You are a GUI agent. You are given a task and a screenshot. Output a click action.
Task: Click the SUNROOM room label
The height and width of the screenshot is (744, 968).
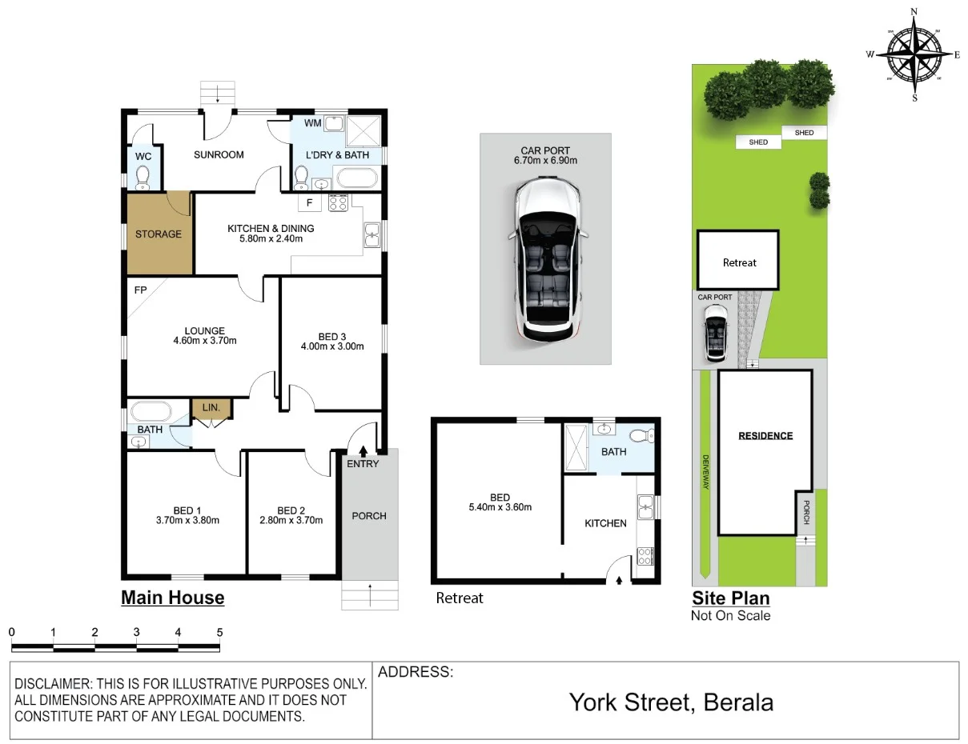(219, 155)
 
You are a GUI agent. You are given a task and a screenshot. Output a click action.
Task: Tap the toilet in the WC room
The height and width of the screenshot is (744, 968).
(143, 178)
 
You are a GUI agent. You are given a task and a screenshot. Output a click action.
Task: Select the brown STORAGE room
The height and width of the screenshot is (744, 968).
(159, 233)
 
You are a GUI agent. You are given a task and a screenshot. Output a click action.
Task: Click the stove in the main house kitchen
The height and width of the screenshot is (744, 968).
(338, 203)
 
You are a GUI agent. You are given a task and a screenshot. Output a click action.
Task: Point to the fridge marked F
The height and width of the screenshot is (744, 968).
(309, 203)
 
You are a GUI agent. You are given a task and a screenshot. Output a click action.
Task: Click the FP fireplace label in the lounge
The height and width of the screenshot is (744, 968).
(140, 290)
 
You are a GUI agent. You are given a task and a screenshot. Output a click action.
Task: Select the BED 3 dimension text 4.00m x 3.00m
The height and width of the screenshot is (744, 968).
(332, 346)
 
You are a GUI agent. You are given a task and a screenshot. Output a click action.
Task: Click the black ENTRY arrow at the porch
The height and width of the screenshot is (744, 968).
(363, 452)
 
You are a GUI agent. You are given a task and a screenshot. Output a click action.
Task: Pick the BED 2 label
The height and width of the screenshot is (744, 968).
(291, 510)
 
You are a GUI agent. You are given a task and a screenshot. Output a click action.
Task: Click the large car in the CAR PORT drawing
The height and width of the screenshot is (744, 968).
(547, 262)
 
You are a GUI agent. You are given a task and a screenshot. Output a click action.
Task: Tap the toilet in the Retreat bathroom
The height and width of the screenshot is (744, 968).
(642, 436)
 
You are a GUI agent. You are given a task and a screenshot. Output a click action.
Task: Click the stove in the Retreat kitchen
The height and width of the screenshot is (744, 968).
(645, 556)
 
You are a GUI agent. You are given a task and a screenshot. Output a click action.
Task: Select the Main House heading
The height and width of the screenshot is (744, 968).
(173, 598)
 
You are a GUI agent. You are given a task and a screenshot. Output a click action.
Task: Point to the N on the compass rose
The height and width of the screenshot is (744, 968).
(914, 11)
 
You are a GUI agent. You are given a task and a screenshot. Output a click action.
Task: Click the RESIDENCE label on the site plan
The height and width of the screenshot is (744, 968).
(765, 436)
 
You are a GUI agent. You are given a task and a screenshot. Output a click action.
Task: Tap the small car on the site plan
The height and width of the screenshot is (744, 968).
(716, 334)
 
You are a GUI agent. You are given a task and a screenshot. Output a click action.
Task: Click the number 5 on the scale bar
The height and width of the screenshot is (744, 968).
(219, 632)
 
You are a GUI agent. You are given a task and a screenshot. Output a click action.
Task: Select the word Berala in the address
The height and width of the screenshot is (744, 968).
(738, 702)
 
